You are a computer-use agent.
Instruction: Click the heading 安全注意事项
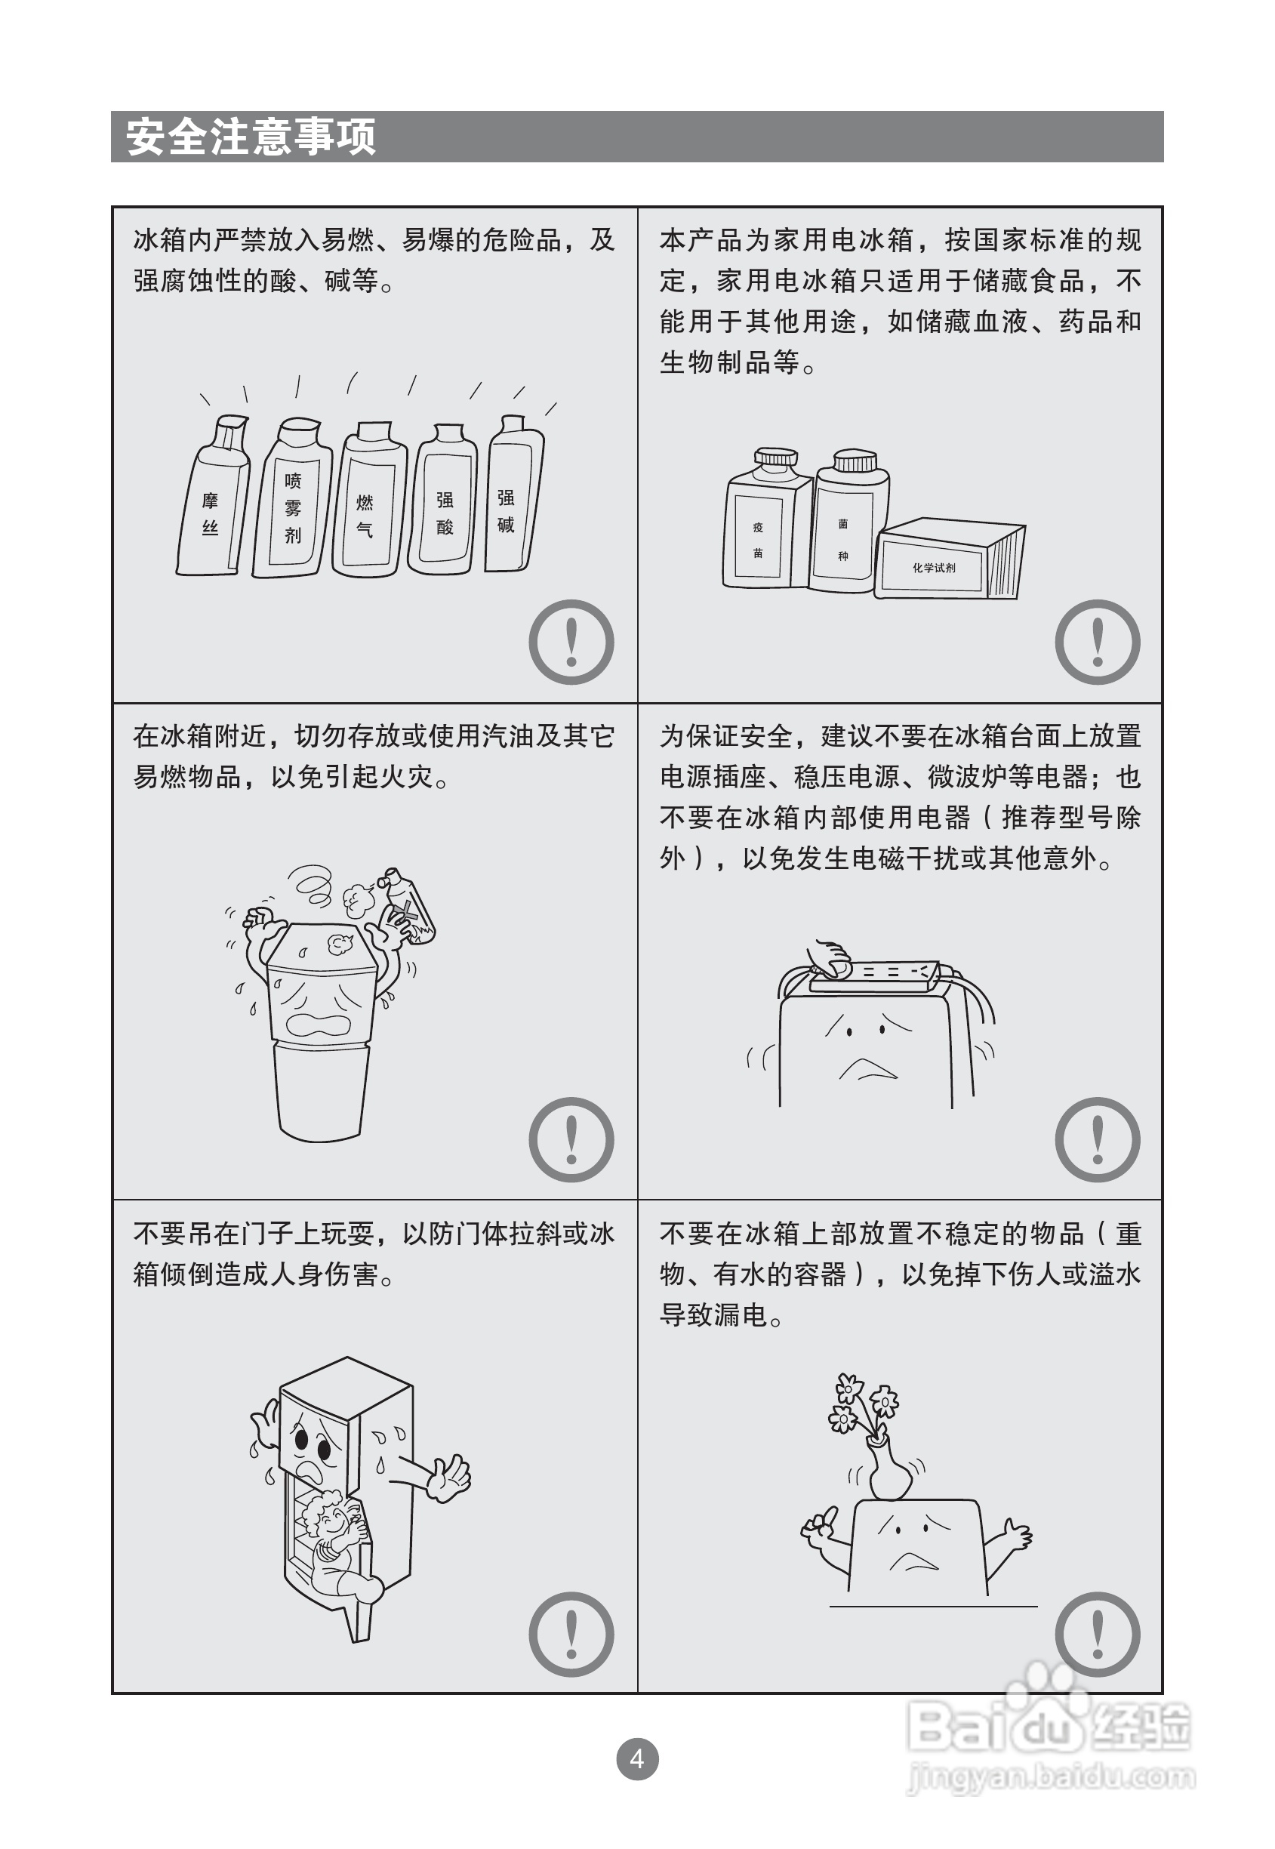coord(251,137)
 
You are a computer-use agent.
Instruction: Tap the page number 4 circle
coord(636,1758)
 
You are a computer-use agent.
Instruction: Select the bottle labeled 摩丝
coord(213,495)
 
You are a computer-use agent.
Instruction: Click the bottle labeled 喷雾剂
coord(291,498)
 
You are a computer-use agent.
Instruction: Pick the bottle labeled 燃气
coord(369,499)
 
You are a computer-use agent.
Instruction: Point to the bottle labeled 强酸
coord(444,499)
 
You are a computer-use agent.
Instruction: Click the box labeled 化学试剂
coord(949,559)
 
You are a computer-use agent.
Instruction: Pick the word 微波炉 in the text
coord(969,777)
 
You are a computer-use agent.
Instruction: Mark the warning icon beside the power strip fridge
coord(1098,1139)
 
